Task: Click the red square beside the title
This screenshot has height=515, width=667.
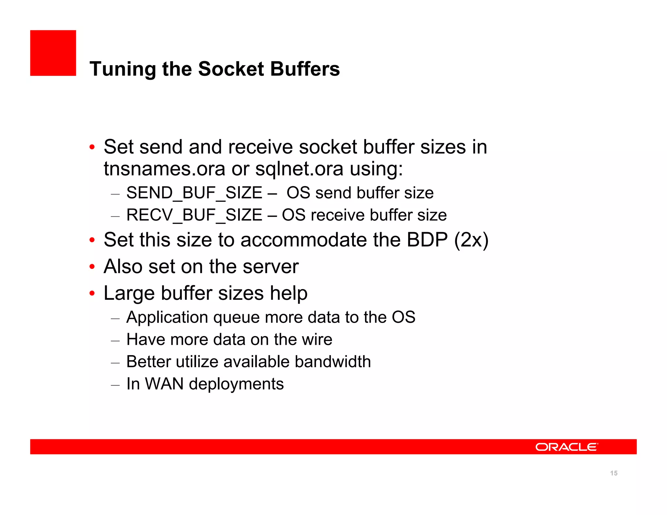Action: [53, 53]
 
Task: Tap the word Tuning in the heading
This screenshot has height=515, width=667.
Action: [123, 69]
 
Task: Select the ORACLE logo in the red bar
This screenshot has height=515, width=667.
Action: [566, 447]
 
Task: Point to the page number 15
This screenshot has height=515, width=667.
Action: [614, 473]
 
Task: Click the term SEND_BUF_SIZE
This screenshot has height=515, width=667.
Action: [194, 193]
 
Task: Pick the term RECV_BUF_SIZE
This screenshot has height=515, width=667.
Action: [194, 215]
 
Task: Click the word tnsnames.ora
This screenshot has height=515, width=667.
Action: [164, 169]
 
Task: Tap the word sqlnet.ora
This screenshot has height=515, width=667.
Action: [299, 169]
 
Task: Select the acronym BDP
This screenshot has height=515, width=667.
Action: [427, 240]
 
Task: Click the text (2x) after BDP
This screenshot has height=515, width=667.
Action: [471, 240]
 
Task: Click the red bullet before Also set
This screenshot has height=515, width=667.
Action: [92, 267]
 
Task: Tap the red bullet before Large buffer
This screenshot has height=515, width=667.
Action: [92, 294]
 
